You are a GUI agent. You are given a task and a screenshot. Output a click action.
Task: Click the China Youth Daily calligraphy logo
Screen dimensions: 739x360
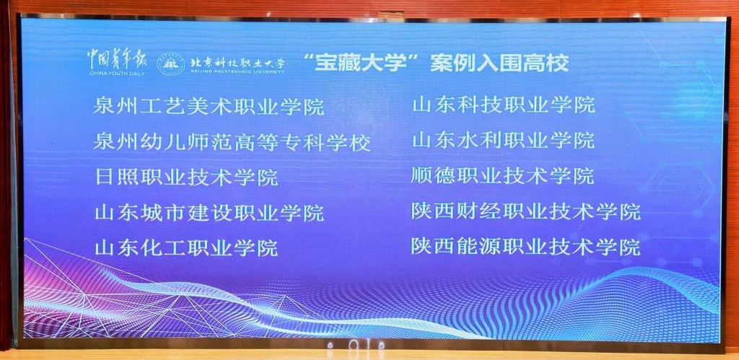[x=116, y=60]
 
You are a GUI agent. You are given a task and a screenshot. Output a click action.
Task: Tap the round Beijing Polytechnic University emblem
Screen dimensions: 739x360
[x=170, y=63]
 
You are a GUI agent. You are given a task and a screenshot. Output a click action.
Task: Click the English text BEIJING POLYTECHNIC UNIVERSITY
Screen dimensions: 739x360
[x=237, y=72]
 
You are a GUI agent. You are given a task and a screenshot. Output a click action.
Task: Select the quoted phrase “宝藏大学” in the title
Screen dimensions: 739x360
[x=355, y=63]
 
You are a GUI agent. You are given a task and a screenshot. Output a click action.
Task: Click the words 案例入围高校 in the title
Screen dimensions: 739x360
[x=499, y=63]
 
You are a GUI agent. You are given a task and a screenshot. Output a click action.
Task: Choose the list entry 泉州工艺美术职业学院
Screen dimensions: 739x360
[x=209, y=107]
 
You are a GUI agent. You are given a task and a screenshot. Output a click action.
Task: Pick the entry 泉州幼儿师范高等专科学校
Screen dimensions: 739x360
[x=232, y=142]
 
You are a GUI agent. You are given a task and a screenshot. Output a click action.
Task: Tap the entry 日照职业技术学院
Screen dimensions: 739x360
[x=185, y=177]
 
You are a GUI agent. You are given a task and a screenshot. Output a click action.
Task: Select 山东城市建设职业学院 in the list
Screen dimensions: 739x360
[x=209, y=213]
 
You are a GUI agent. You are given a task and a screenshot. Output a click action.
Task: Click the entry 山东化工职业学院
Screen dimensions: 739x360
[x=185, y=247]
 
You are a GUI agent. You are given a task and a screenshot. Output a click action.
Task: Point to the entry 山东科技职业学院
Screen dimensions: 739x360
[x=503, y=105]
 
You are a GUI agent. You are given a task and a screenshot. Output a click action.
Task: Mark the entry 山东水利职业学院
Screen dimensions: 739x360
[x=503, y=140]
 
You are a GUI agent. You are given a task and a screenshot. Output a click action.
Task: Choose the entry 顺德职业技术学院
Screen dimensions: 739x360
[x=502, y=175]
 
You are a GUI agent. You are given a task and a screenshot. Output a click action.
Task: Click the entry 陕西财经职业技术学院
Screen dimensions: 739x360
[x=526, y=211]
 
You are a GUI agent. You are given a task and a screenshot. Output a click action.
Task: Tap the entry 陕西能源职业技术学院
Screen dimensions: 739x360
[x=526, y=246]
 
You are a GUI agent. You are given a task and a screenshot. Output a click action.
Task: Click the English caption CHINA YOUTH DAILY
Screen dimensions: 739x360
[x=117, y=74]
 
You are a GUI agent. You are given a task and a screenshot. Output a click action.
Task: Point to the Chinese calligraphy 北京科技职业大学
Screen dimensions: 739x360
[x=237, y=62]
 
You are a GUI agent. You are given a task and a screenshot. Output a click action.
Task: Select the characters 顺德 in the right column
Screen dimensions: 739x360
[x=433, y=175]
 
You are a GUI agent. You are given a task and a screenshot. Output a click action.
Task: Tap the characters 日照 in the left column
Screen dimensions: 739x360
[x=116, y=177]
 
